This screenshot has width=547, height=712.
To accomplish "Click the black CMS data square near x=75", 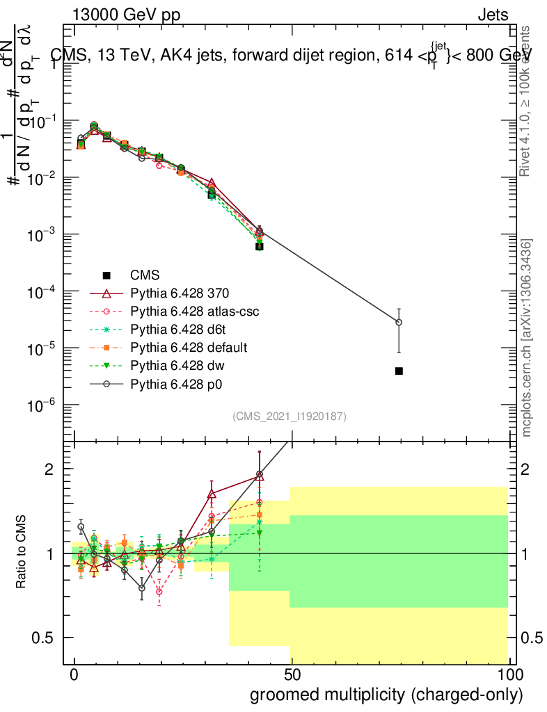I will (x=399, y=371).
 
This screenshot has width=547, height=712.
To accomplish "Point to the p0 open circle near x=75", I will (x=399, y=322).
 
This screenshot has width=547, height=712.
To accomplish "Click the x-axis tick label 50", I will (x=292, y=676).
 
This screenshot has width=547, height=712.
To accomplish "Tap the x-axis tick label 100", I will (x=509, y=676).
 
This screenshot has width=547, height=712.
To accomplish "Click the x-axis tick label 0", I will (x=74, y=676).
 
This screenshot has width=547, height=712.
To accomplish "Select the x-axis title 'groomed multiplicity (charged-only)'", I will (x=386, y=695).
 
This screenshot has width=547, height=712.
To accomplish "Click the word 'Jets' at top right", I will (x=493, y=15).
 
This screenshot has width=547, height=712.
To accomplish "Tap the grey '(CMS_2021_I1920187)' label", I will (x=289, y=416).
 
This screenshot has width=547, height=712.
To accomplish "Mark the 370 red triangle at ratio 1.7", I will (x=212, y=494).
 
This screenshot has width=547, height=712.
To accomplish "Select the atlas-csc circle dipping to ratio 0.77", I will (x=159, y=592).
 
